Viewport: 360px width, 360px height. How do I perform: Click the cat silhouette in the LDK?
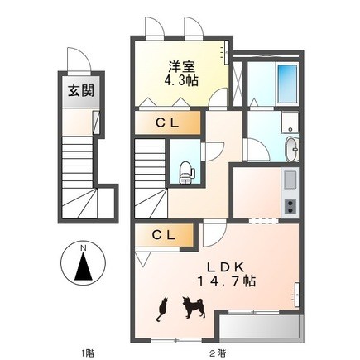162,310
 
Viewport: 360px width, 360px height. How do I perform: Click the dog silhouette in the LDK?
194,307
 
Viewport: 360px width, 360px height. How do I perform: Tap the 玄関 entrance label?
81,90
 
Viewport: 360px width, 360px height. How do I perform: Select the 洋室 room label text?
181,67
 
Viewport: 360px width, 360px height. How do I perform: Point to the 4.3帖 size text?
181,80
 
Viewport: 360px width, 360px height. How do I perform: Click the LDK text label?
225,267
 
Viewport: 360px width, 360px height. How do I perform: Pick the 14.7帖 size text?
226,281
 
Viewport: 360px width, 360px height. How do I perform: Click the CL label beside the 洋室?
167,123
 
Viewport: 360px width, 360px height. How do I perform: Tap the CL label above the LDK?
164,235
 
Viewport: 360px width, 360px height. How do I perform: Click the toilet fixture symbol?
187,172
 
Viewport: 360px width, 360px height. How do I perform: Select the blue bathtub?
287,84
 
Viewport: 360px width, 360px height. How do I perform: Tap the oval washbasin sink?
292,149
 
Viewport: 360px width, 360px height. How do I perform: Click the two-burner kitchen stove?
290,207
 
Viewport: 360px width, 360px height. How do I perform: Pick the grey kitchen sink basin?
290,180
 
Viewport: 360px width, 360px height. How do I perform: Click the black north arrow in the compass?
84,267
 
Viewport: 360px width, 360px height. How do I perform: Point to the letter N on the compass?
83,248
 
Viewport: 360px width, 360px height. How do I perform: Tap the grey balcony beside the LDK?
260,327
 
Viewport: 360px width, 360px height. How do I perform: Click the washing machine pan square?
290,122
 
